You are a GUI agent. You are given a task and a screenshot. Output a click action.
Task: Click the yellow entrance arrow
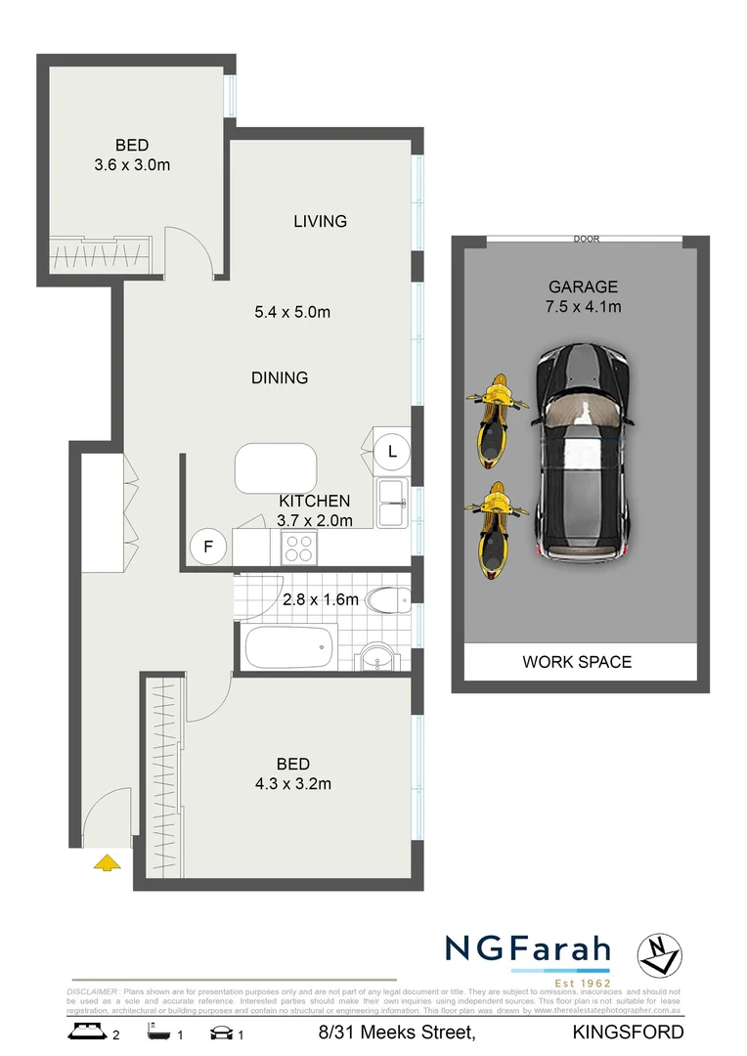pos(107,861)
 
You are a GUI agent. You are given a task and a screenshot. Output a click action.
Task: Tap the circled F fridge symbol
pos(207,548)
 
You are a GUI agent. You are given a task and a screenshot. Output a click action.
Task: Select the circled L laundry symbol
pos(392,452)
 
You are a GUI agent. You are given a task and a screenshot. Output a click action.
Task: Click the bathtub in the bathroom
pos(288,647)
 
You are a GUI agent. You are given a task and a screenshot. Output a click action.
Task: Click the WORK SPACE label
pos(577,662)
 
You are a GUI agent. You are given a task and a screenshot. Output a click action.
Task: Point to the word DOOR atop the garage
pos(587,239)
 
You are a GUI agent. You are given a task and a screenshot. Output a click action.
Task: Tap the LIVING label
pos(320,221)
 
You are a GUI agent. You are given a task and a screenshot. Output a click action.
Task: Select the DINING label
pos(280,377)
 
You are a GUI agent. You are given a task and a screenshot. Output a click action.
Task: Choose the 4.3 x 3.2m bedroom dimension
pos(292,783)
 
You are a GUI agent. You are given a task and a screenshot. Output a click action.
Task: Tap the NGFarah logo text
pos(528,949)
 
